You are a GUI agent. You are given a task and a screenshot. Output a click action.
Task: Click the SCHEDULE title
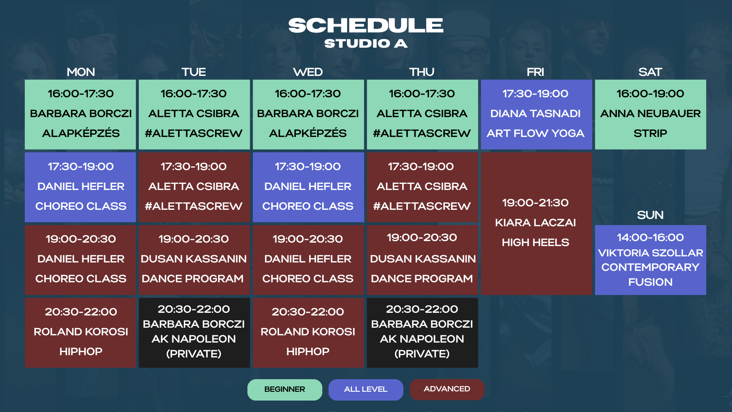click(366, 26)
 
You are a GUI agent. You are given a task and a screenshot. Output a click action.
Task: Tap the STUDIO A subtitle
click(366, 43)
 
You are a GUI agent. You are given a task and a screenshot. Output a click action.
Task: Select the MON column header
click(81, 72)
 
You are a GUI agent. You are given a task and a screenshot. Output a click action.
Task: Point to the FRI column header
click(535, 72)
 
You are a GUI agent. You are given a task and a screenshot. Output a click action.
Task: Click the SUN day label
click(650, 215)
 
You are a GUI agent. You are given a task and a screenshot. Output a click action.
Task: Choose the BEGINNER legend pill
click(285, 389)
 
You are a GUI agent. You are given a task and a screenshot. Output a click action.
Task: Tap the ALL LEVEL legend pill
click(366, 389)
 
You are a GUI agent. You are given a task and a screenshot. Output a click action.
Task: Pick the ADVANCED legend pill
click(447, 389)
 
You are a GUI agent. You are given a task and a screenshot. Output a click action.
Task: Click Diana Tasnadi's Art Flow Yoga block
click(536, 114)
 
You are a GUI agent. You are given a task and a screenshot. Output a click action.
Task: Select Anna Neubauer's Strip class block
click(650, 114)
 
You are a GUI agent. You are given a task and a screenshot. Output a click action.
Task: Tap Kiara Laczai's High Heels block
click(536, 224)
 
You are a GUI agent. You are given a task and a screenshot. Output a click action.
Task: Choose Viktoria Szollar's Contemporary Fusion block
click(650, 260)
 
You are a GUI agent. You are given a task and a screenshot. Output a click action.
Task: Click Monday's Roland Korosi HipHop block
click(80, 333)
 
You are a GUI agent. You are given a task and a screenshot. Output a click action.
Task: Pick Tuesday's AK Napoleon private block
click(194, 333)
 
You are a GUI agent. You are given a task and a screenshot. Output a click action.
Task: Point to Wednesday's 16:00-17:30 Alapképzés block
click(308, 114)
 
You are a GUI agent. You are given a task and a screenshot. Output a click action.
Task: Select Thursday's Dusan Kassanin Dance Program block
click(422, 260)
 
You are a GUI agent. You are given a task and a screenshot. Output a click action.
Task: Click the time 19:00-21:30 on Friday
click(535, 203)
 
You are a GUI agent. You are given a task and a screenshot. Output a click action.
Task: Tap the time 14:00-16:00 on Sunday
click(650, 238)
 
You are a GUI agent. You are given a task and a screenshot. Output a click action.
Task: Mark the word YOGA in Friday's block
click(568, 134)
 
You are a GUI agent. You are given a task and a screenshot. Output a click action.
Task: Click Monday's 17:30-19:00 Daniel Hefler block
click(80, 187)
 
